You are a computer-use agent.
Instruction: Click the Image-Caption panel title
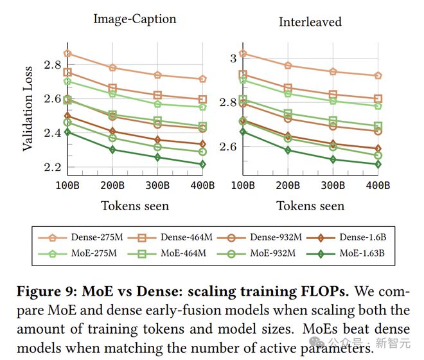(x=134, y=19)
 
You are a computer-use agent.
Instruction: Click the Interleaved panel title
(x=310, y=22)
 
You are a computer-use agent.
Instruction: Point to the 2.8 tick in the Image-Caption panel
(x=53, y=65)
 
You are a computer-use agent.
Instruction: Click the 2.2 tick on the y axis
(x=53, y=167)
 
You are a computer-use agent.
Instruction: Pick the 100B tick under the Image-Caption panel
(x=67, y=186)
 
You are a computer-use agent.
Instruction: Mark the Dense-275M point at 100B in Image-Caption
(x=67, y=53)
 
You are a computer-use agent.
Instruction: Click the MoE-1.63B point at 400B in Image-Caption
(x=202, y=164)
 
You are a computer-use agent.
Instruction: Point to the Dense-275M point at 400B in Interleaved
(x=377, y=75)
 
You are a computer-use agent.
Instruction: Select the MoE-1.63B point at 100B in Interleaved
(x=242, y=132)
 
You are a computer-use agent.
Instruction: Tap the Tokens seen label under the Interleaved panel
(x=310, y=206)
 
